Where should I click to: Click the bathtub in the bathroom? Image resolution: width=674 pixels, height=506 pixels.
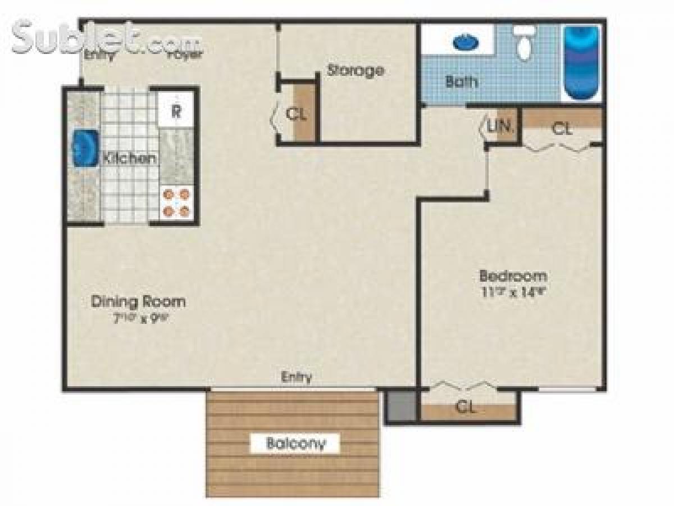point(581,62)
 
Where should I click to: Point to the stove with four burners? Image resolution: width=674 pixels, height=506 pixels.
point(176,202)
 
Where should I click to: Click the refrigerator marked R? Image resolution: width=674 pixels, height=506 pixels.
point(176,110)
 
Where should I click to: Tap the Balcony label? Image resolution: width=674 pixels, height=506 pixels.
point(295,443)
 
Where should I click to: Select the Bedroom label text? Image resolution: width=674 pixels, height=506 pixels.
point(513,276)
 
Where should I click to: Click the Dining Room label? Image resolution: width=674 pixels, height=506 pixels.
point(138,301)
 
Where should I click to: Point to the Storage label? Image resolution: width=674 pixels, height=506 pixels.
point(356,71)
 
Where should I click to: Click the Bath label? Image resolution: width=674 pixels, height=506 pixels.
point(462,82)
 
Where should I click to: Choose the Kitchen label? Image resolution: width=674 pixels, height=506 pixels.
point(129,158)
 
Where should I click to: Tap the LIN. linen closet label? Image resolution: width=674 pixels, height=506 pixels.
point(499,127)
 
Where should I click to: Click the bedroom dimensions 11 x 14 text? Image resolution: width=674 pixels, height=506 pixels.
point(513,291)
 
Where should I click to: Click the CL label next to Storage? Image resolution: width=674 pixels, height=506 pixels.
point(296,114)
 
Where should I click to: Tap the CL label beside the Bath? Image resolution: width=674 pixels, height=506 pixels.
point(562,129)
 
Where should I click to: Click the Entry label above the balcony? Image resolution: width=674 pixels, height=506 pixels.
point(296,377)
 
